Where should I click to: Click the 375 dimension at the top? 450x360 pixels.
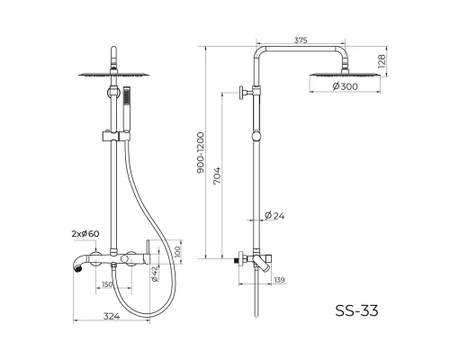click(301, 40)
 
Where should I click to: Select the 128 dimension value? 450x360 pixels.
click(382, 61)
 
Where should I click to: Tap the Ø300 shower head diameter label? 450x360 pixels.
click(346, 86)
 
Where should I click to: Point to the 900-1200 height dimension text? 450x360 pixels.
click(200, 152)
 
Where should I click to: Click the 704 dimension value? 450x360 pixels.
click(217, 175)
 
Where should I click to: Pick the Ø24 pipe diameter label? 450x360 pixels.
click(274, 215)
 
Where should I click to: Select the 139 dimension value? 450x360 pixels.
click(279, 280)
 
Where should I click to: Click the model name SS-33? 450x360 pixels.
click(356, 310)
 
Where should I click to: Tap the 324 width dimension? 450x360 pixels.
click(112, 316)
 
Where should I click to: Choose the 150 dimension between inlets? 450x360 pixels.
click(107, 284)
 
